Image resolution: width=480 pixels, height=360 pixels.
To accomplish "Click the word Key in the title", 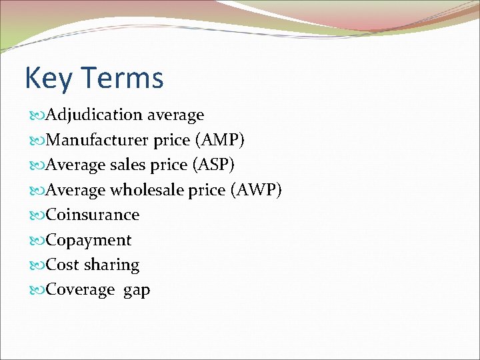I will pos(47,78).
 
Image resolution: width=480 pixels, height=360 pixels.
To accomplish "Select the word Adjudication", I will pos(95,115).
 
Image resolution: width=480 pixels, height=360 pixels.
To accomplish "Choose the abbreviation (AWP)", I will pos(256,190).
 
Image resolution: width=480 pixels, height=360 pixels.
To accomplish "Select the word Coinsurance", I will pos(93,215).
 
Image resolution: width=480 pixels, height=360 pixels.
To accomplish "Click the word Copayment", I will pos(89,240).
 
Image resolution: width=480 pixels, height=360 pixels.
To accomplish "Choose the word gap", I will pos(137,291).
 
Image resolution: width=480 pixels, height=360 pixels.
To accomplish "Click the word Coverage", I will pos(81,290).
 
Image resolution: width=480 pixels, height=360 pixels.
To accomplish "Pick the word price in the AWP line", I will pos(207,191).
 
